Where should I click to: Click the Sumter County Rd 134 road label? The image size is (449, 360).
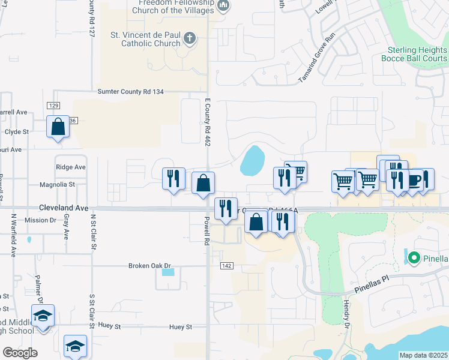click(x=130, y=92)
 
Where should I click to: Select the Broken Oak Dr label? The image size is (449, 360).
click(x=150, y=265)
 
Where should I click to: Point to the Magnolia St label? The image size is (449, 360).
click(x=56, y=185)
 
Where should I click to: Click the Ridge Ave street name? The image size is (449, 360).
click(x=70, y=167)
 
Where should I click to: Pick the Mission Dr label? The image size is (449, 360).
click(x=40, y=220)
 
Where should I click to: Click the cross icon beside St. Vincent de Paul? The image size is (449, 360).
click(x=190, y=39)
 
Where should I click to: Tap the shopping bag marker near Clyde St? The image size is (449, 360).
click(x=58, y=127)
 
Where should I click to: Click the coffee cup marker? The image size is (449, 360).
click(x=414, y=180)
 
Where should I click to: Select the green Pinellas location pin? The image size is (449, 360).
click(x=414, y=259)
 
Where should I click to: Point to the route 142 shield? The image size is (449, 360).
click(x=226, y=265)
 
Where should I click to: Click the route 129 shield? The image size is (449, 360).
click(x=53, y=105)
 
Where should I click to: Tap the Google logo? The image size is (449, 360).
click(x=20, y=353)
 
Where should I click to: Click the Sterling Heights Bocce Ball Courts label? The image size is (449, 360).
click(x=414, y=55)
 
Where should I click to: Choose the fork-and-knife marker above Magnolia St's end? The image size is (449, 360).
click(x=173, y=179)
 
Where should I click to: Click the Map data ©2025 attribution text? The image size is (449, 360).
click(x=424, y=355)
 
